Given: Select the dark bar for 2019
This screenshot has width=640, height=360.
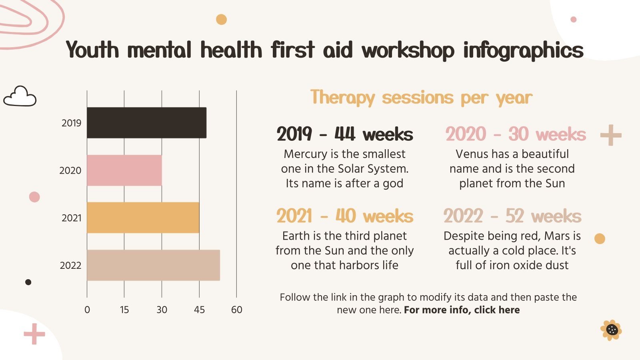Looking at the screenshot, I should point(146,123).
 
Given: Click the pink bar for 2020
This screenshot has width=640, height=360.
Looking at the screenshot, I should point(124,170).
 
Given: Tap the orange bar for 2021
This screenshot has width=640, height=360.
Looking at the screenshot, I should point(143,218).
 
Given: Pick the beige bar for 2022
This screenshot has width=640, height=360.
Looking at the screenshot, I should point(153,265).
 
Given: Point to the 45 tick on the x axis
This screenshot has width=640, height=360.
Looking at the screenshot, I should point(199,310).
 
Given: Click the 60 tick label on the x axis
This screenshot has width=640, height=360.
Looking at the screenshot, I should point(236,310).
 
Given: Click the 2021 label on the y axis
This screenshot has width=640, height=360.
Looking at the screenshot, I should point(71,218).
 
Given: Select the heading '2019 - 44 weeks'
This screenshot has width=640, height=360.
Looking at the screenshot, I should point(344,134).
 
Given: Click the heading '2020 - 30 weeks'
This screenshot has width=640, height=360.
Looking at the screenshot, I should point(515,134).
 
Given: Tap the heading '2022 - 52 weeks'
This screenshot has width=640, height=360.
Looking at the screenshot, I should point(512,216).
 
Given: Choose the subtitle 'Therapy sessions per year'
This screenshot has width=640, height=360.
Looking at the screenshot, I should point(421,98).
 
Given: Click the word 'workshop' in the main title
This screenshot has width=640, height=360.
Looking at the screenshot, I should point(408,50).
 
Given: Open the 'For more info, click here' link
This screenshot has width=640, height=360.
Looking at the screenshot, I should point(462,310).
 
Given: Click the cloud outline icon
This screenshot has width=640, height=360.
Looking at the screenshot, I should point(20,97).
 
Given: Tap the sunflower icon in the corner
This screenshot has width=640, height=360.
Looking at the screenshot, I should point(611,330).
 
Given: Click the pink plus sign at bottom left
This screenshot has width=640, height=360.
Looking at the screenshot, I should point(34,334).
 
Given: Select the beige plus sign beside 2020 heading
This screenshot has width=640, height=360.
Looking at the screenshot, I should point(611,135).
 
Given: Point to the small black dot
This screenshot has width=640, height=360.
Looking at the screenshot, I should point(28,282).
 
